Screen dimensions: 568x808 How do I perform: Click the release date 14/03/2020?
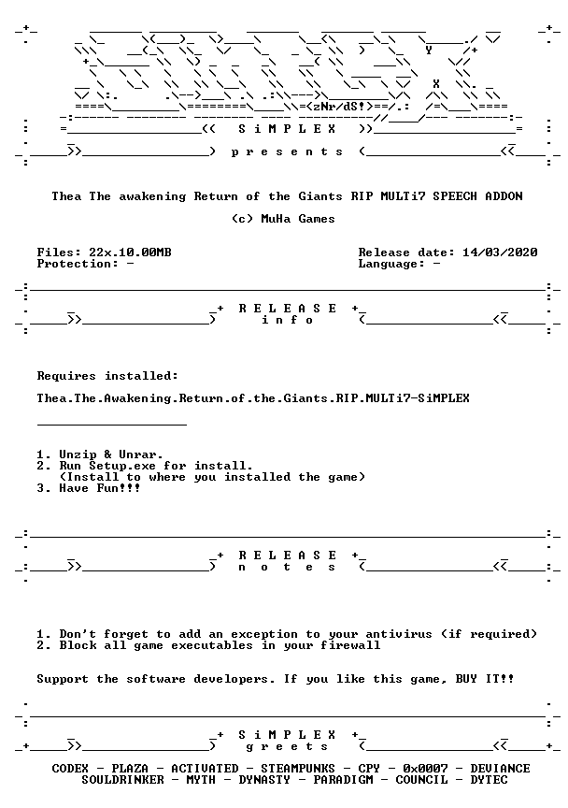(x=500, y=252)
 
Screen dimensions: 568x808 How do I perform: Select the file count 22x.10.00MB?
(x=130, y=252)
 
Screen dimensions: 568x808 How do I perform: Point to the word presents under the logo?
(x=287, y=152)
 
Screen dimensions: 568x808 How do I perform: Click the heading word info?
(x=287, y=320)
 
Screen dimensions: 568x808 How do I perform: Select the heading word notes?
(x=287, y=568)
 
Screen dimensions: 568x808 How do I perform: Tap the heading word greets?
(x=287, y=746)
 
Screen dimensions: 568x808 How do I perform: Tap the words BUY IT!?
(x=485, y=679)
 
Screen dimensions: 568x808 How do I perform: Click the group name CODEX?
(x=70, y=769)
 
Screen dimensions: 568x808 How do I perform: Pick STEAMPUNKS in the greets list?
(x=298, y=769)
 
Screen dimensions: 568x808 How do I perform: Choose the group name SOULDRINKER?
(x=122, y=780)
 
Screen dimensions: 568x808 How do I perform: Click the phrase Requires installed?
(x=107, y=376)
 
